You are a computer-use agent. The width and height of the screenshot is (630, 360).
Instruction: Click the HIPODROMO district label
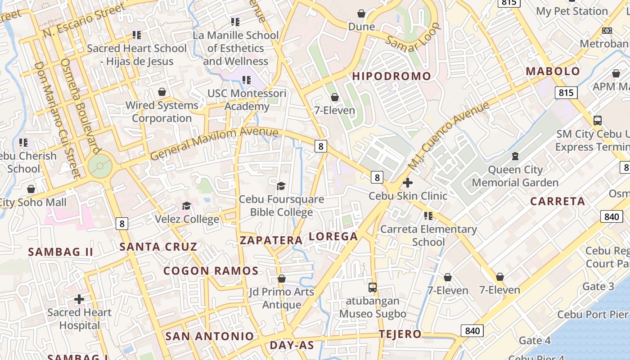tap(391, 76)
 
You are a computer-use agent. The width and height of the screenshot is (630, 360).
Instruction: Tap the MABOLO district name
tap(553, 71)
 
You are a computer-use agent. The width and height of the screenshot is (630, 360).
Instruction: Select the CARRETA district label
tap(558, 201)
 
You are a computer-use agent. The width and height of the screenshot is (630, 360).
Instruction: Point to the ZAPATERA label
tap(271, 240)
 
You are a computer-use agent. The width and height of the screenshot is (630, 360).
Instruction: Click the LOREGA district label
tap(333, 236)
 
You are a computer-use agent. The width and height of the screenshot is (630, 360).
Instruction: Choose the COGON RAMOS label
tap(211, 271)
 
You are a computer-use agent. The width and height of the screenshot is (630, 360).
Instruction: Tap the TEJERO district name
tap(400, 334)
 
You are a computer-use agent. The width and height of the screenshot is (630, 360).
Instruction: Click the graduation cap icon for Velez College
tap(186, 206)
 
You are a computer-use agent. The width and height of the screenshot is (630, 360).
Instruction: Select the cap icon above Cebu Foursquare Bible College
tap(281, 186)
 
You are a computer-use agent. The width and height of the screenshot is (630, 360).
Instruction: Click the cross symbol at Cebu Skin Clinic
tap(408, 183)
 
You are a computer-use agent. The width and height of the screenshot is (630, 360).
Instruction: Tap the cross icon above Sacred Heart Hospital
tap(79, 299)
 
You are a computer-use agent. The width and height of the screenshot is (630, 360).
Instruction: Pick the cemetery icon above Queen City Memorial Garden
tap(515, 157)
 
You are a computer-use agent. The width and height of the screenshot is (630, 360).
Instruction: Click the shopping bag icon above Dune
tap(361, 13)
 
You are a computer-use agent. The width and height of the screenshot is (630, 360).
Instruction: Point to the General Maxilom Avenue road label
tap(214, 143)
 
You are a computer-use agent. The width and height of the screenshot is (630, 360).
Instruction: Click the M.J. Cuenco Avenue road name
tap(448, 136)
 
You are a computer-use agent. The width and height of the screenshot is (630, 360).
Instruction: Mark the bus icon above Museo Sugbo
tap(372, 287)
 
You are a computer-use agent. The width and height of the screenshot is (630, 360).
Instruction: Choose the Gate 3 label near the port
tap(598, 286)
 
